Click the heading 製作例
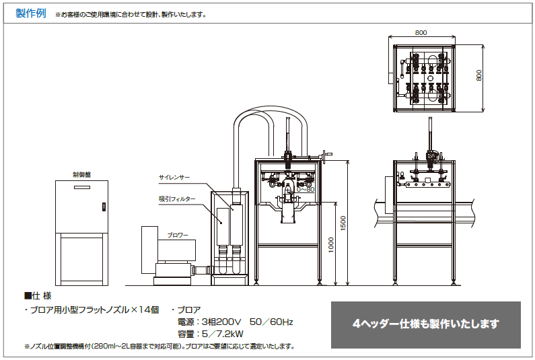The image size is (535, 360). pyautogui.click(x=31, y=13)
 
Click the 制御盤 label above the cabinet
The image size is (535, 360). pyautogui.click(x=81, y=174)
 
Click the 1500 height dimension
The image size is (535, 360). pyautogui.click(x=343, y=222)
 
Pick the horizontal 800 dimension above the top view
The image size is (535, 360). pyautogui.click(x=421, y=33)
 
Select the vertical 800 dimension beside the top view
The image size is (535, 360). pyautogui.click(x=480, y=76)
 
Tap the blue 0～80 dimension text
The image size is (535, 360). pyautogui.click(x=306, y=189)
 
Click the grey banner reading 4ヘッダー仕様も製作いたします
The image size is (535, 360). pyautogui.click(x=425, y=324)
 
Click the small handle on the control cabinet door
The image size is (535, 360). pyautogui.click(x=103, y=207)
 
